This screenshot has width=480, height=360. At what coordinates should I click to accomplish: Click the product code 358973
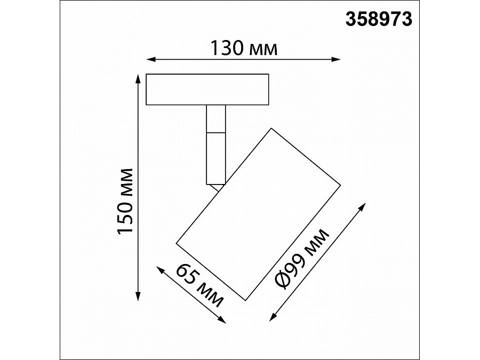(380, 19)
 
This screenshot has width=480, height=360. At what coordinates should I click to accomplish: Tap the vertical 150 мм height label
(125, 202)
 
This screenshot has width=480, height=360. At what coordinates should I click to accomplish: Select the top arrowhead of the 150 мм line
(138, 76)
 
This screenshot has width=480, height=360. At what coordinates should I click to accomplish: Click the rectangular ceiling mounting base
(208, 89)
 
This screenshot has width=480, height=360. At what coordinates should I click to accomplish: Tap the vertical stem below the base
(216, 155)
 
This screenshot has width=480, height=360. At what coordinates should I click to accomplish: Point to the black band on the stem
(216, 130)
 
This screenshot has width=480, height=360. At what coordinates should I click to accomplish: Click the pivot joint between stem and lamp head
(217, 186)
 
